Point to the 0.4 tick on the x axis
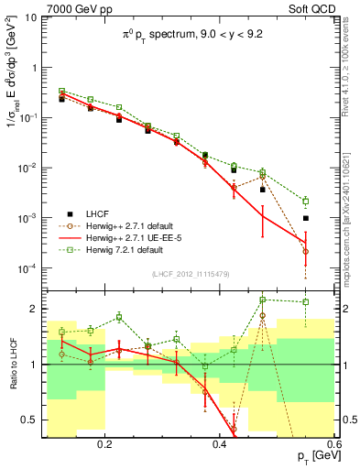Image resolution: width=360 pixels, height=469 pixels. click(x=219, y=441)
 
